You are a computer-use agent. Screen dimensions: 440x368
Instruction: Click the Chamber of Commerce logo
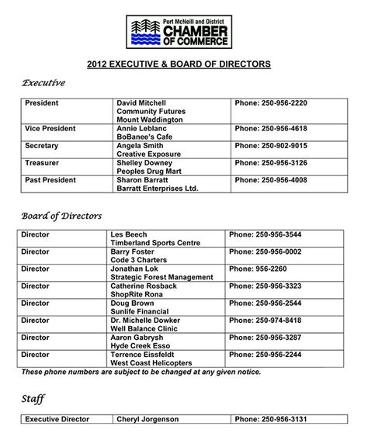click(x=183, y=29)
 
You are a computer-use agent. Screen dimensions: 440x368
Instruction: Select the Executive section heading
click(x=43, y=82)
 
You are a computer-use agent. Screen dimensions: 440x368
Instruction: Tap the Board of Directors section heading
click(x=61, y=215)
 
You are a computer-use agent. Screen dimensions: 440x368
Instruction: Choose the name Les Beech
click(x=129, y=234)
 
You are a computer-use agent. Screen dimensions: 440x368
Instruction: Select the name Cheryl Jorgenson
click(x=148, y=419)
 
